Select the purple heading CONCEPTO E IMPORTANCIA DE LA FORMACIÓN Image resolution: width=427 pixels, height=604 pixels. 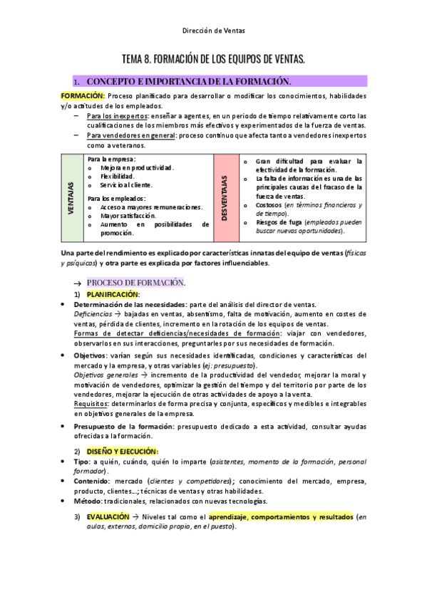click(x=188, y=81)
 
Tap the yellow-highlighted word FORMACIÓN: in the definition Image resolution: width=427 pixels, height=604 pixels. click(x=82, y=96)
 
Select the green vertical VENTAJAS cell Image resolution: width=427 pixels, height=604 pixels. click(x=71, y=197)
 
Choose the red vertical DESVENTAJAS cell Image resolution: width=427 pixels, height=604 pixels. click(x=224, y=197)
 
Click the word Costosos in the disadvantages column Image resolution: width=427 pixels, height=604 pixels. click(x=268, y=204)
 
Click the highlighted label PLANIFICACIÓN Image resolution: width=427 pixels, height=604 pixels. click(x=113, y=293)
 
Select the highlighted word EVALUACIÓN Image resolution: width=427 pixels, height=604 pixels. click(x=108, y=516)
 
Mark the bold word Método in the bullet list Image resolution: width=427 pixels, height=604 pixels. click(x=89, y=501)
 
